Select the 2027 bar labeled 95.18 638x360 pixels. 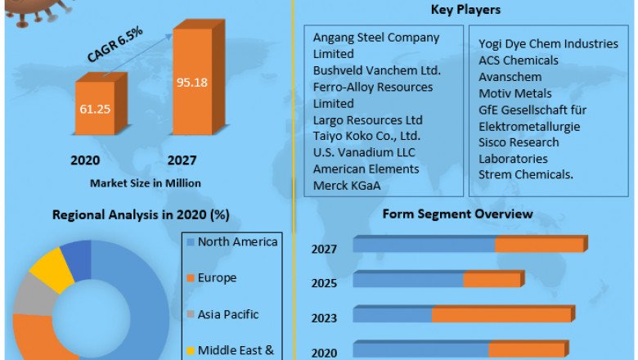pyautogui.click(x=194, y=82)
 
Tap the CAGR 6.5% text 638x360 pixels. pyautogui.click(x=115, y=44)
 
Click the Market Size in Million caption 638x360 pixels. pyautogui.click(x=146, y=182)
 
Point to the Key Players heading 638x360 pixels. pyautogui.click(x=465, y=10)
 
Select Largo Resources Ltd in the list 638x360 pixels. pyautogui.click(x=367, y=120)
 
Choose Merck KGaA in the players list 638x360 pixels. pyautogui.click(x=348, y=186)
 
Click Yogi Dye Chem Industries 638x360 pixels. pyautogui.click(x=548, y=44)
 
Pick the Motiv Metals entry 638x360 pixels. pyautogui.click(x=515, y=93)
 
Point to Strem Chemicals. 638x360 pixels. pyautogui.click(x=525, y=174)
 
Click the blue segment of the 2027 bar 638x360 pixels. pyautogui.click(x=424, y=244)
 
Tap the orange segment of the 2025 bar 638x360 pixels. pyautogui.click(x=491, y=279)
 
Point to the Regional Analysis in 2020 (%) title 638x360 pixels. pyautogui.click(x=140, y=214)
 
